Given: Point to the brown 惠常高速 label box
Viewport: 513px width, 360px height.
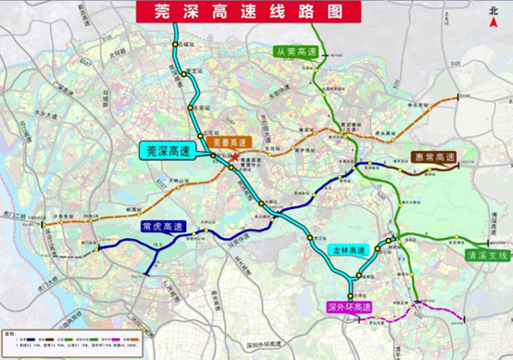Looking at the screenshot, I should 433,157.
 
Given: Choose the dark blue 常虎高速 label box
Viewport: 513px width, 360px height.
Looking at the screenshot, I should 163,226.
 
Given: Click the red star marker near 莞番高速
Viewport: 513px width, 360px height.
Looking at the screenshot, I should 230,167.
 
